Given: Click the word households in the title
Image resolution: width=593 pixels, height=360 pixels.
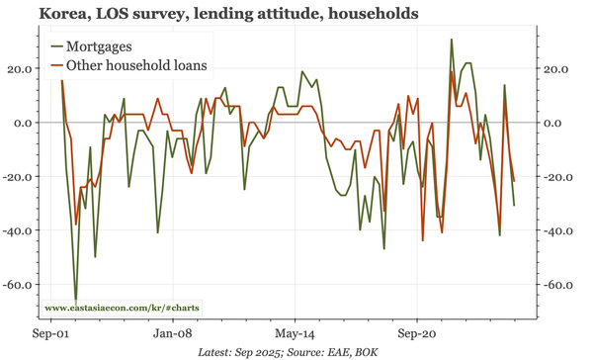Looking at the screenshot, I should point(372,14).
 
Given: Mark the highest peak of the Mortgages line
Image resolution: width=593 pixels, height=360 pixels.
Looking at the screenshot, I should point(452,40).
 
